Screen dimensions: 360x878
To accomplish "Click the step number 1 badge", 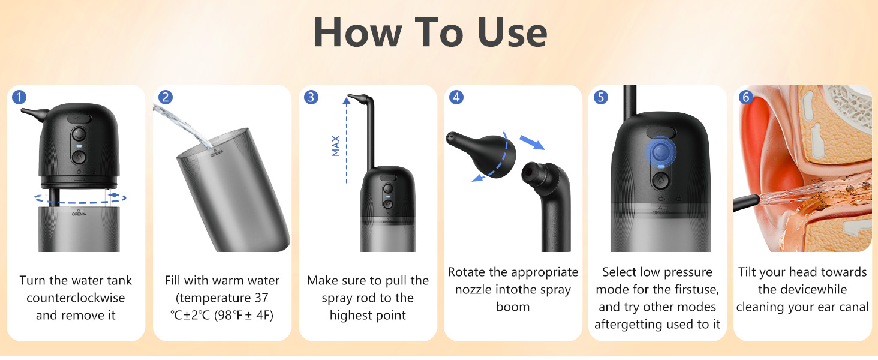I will point(20,97).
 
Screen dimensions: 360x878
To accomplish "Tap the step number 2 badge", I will point(165,97).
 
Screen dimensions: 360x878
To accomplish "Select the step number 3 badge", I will point(311,97).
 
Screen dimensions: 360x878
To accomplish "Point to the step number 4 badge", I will point(456,97).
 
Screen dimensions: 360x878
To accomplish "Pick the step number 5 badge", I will point(601,97).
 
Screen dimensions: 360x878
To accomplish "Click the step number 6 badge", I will point(746,97).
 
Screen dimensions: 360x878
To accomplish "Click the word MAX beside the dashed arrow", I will point(336,146).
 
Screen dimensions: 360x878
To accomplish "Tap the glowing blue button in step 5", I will point(660,150).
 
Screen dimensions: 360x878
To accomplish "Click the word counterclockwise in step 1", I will point(76,298).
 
